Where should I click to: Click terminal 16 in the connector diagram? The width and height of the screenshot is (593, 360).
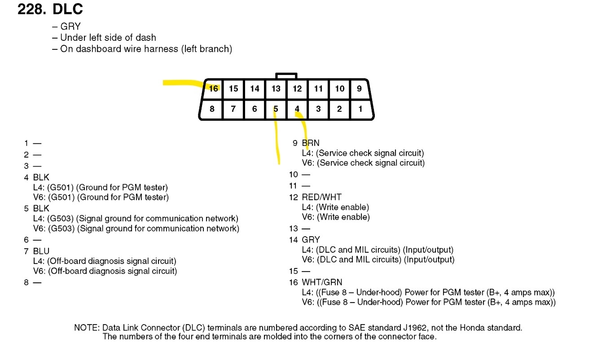point(213,88)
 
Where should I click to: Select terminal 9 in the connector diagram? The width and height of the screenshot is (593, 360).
point(359,88)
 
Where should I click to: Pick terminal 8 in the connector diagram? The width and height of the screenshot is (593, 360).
point(212,109)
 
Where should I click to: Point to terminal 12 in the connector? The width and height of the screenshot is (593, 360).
point(297,88)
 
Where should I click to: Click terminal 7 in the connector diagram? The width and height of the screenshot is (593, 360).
point(233,109)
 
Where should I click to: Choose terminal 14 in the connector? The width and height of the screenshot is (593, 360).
point(255,88)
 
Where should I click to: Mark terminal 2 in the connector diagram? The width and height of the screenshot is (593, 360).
point(339,109)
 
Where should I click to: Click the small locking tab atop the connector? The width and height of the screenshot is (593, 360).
point(286,76)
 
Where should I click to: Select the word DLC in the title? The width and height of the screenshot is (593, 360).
point(68,9)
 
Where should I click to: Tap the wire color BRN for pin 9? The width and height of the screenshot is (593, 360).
point(311,143)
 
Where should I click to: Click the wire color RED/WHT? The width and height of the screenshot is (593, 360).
point(321,197)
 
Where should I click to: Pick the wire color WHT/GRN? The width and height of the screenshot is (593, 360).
point(322,282)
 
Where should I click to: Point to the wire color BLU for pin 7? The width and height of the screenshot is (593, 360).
point(41,251)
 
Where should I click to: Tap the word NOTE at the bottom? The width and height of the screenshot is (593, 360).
point(86,328)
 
